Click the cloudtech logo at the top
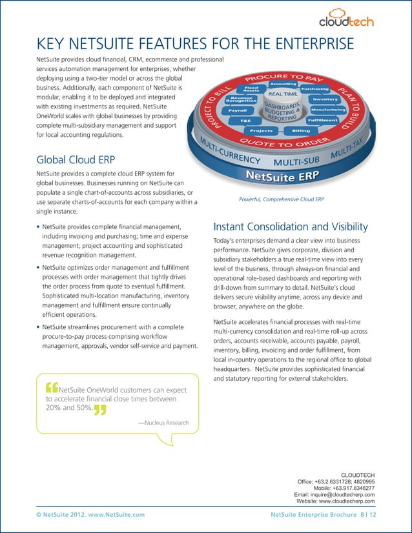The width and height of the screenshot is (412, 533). click(347, 17)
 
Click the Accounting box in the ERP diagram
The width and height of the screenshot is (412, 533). click(283, 83)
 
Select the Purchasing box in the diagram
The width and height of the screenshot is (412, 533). click(314, 88)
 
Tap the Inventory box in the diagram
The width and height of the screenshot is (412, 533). click(325, 99)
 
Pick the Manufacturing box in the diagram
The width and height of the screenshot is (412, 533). click(327, 110)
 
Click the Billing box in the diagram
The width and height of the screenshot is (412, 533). click(300, 130)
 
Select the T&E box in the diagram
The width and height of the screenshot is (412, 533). click(245, 121)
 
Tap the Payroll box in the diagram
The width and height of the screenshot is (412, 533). click(237, 110)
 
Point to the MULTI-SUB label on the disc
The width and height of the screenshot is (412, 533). click(297, 160)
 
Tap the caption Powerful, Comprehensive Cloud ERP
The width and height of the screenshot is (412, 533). click(281, 199)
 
